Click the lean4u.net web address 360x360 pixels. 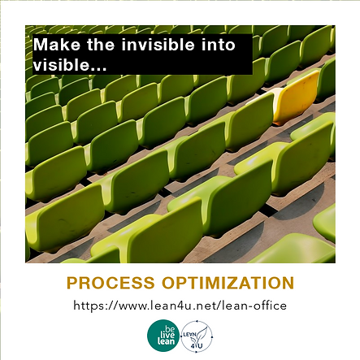click(180, 306)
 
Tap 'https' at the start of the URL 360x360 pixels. click(88, 306)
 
